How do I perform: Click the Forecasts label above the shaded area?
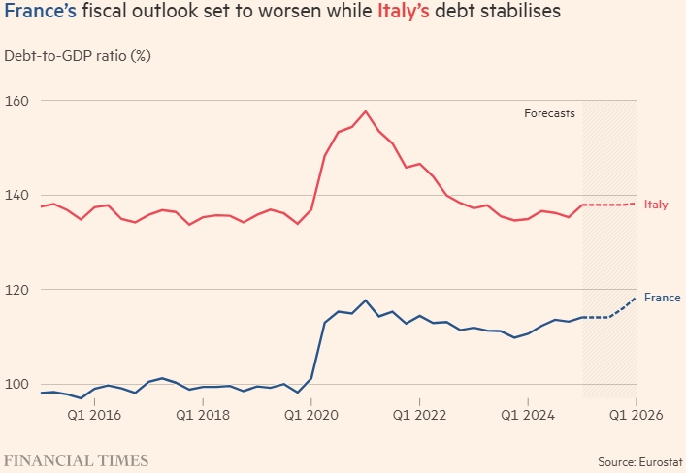click(x=549, y=113)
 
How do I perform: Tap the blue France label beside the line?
click(x=662, y=298)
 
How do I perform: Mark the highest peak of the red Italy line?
click(x=366, y=110)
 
